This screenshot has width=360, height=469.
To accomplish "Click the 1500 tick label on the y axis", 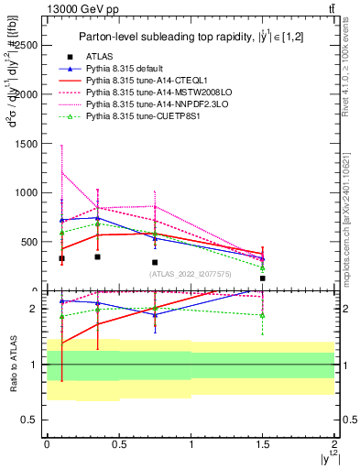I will [26, 143].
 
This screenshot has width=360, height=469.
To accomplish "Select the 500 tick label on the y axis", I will [29, 242].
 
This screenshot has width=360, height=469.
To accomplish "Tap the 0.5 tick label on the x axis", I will [117, 442].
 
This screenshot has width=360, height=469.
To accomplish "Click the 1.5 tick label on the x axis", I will [262, 442].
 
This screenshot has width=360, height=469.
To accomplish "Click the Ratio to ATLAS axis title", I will [12, 365].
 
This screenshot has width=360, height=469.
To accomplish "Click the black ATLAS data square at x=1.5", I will [262, 278].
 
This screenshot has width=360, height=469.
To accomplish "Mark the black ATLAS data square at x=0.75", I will [155, 262].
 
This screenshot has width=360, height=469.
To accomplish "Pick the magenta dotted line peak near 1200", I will [61, 172].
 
